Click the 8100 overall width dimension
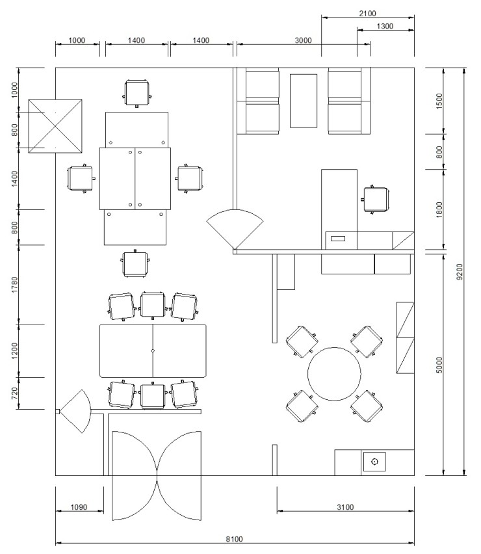click(x=235, y=539)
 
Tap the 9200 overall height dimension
click(x=460, y=272)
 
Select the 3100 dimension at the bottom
click(x=345, y=507)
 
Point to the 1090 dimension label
click(x=79, y=507)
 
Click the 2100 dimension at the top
click(x=368, y=14)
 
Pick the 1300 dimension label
click(x=385, y=26)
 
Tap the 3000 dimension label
click(x=304, y=40)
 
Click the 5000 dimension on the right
click(x=439, y=365)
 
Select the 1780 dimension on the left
click(x=14, y=285)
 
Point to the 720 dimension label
click(x=14, y=393)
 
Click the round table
click(x=334, y=374)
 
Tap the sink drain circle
click(x=374, y=462)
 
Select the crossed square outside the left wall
click(x=55, y=126)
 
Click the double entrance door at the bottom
click(x=157, y=475)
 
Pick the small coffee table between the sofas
click(x=304, y=101)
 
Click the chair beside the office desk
click(x=376, y=200)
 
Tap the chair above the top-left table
click(x=136, y=92)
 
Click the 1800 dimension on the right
click(x=439, y=209)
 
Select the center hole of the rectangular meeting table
click(x=153, y=351)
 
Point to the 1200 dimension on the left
click(x=14, y=350)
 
